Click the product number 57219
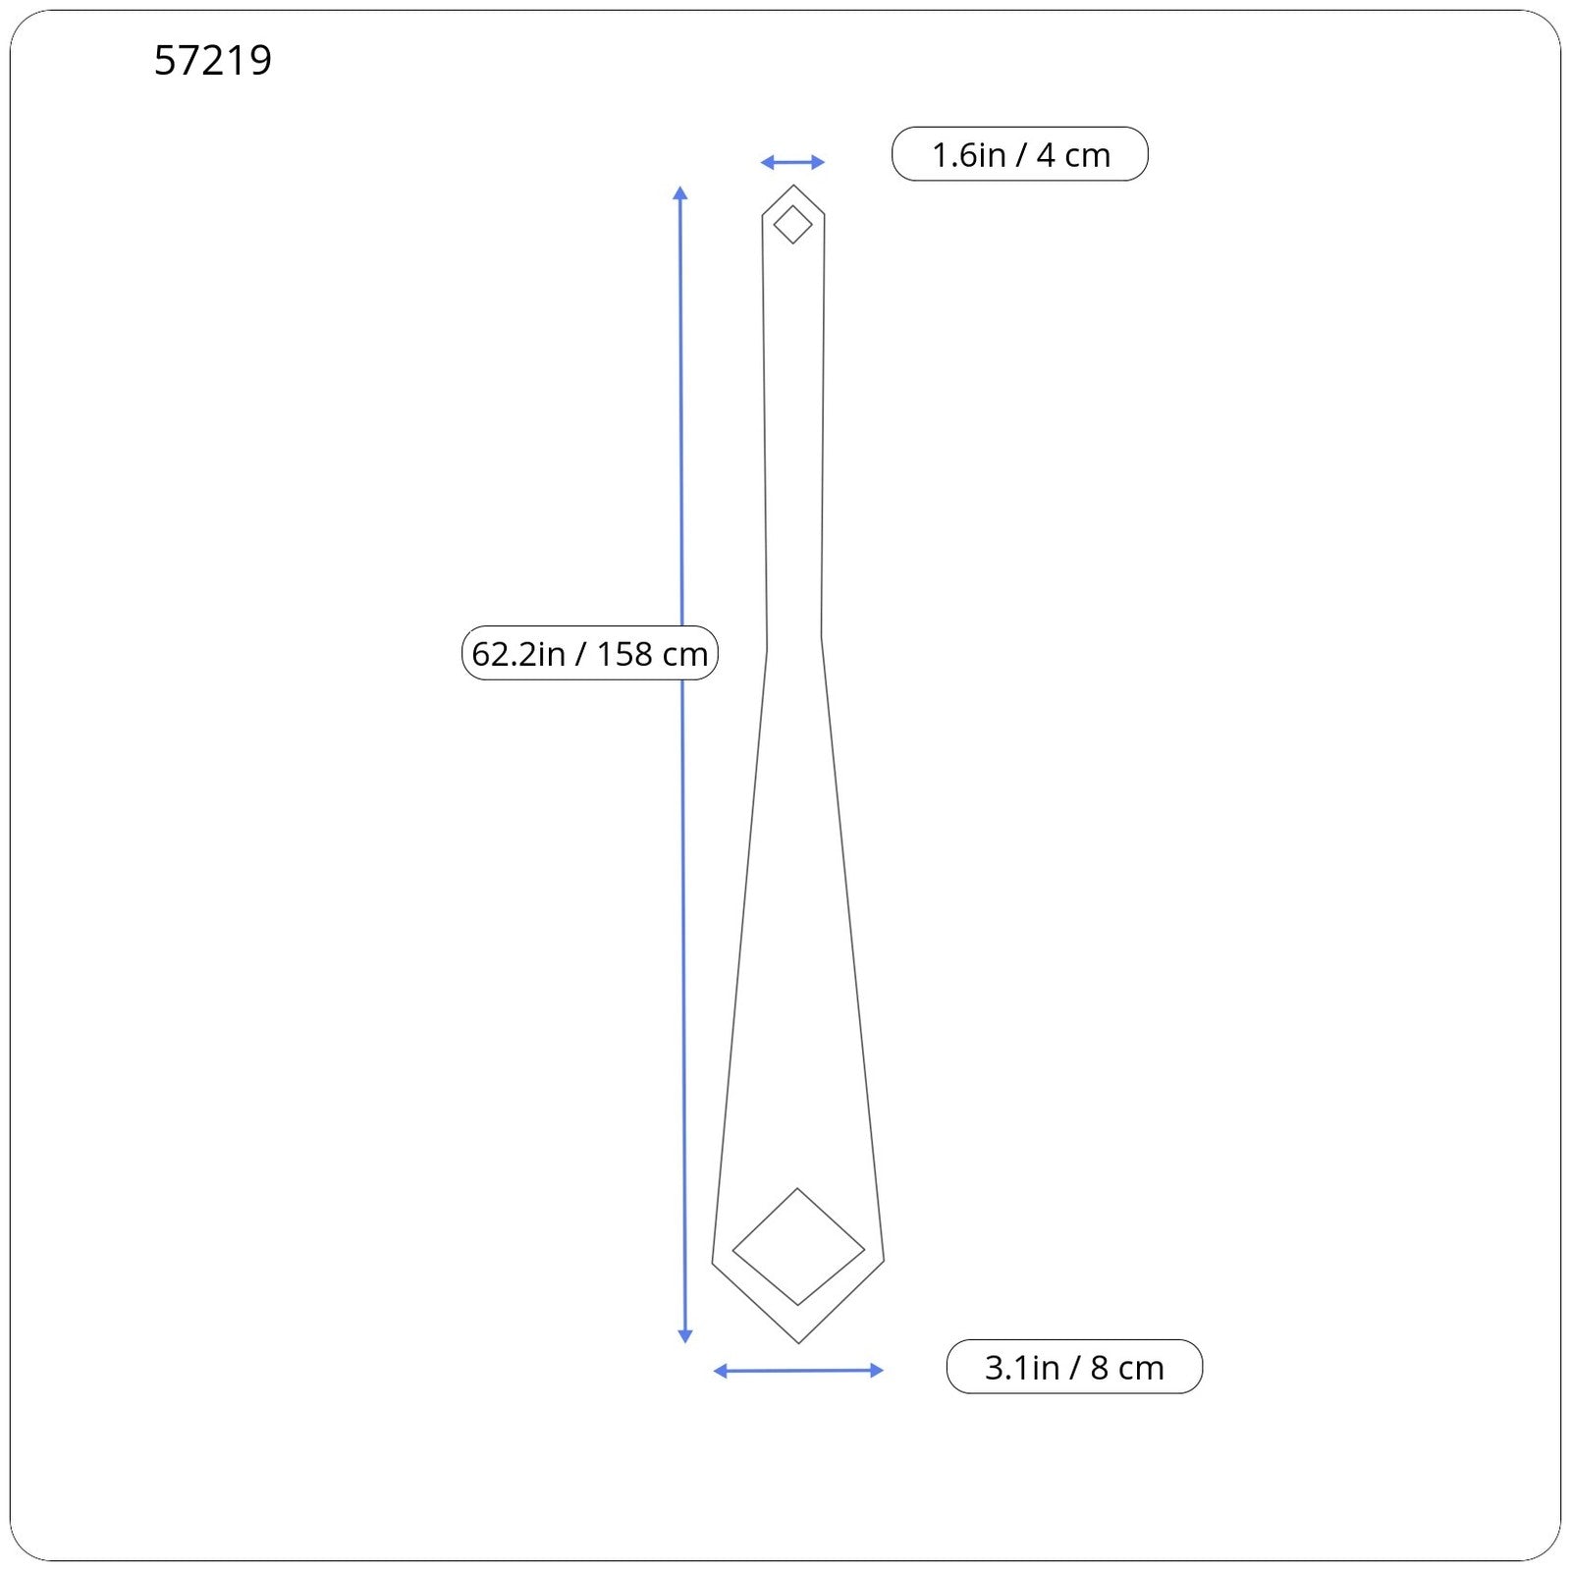tap(213, 60)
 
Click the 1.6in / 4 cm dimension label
tap(1020, 154)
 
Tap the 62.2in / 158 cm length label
tap(590, 653)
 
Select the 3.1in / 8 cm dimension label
tap(1074, 1367)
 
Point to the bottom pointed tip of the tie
tap(798, 1342)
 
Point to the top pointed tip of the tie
tap(793, 186)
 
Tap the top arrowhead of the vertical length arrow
tap(680, 192)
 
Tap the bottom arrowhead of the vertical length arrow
tap(685, 1335)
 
